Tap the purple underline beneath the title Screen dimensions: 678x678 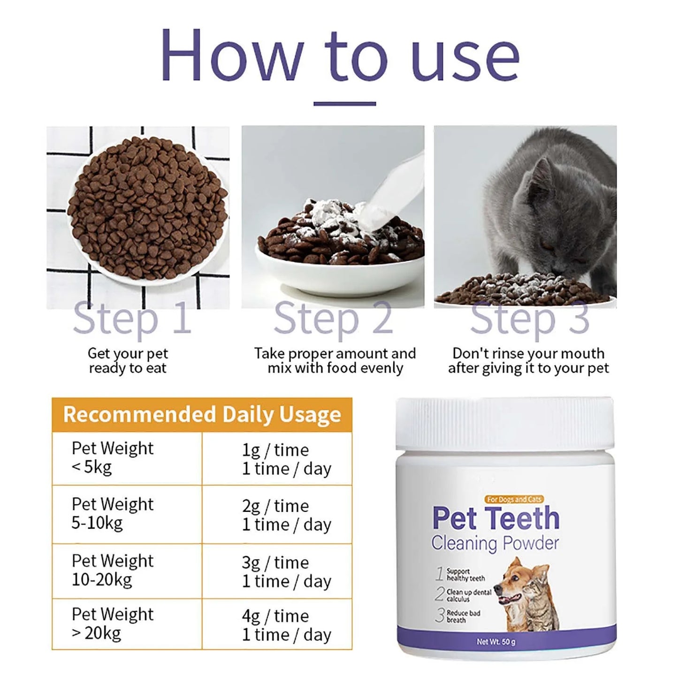click(344, 104)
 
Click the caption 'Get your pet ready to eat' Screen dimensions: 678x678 click(128, 360)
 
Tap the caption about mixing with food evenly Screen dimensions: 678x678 click(335, 360)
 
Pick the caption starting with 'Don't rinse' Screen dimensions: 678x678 click(528, 360)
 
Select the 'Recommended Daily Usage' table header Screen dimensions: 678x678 click(202, 415)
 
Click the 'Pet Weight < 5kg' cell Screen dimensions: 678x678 click(127, 458)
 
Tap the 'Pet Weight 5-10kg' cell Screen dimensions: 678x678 click(127, 514)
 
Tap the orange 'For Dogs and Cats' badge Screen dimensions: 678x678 click(514, 499)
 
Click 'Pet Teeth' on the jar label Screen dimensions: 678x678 click(496, 518)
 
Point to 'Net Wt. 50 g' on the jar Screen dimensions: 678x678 click(496, 641)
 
